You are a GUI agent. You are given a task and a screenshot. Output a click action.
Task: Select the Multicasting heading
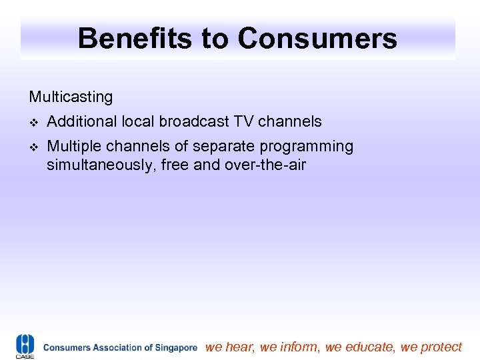71,97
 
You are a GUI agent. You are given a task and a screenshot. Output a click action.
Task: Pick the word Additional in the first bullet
81,122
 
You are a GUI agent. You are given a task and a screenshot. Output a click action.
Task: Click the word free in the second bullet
176,165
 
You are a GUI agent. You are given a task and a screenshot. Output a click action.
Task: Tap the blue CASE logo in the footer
25,347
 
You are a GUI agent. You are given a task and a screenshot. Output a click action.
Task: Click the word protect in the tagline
441,347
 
